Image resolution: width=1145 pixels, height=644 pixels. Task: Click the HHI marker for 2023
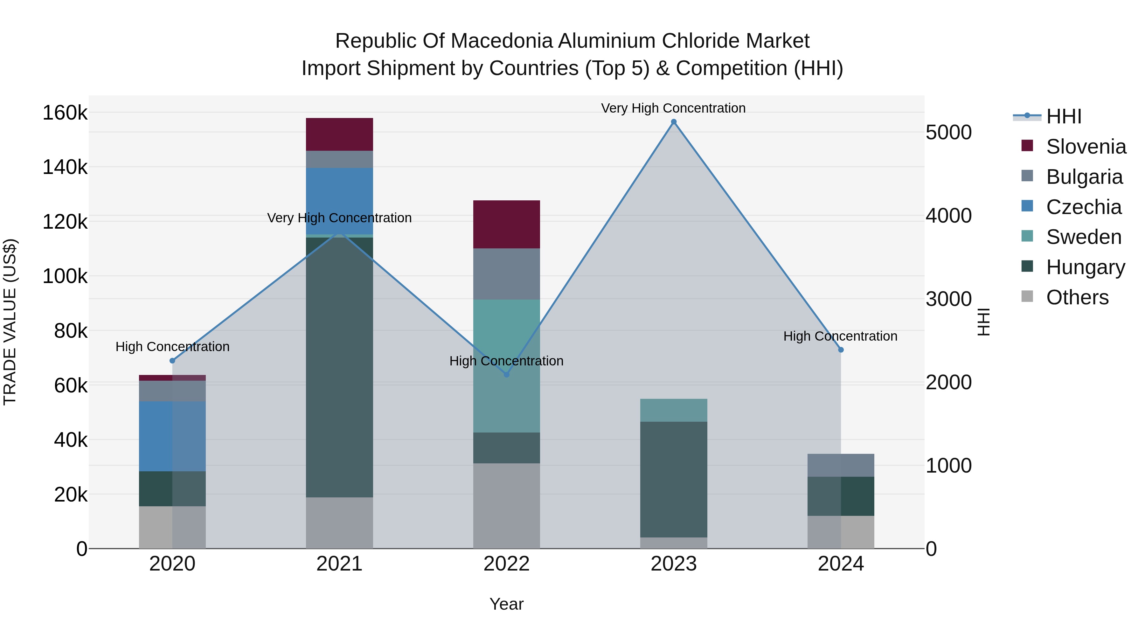coord(673,122)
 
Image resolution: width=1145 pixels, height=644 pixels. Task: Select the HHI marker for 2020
coord(172,360)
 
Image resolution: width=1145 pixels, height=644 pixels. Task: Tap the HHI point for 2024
coord(841,350)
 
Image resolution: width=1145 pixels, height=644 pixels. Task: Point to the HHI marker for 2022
coord(506,375)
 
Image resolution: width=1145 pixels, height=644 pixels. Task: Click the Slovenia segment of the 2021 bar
coord(339,134)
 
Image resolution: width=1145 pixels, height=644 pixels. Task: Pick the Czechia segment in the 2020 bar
coord(172,436)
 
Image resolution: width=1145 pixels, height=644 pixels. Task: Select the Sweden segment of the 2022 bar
coord(506,366)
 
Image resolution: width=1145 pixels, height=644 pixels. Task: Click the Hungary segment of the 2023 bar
coord(673,479)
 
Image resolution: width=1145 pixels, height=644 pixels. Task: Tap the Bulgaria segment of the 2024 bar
coord(841,465)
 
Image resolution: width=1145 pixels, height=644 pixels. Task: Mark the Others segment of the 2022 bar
coord(506,506)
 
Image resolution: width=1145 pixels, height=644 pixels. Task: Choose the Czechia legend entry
coord(1083,207)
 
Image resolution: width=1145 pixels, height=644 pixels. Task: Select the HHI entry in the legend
coord(1063,116)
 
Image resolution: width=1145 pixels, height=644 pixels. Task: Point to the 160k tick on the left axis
coord(65,113)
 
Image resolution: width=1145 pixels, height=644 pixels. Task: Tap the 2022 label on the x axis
coord(506,564)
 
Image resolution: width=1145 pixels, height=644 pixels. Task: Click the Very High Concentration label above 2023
coord(673,108)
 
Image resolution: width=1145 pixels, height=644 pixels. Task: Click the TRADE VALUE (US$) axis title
coord(10,322)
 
